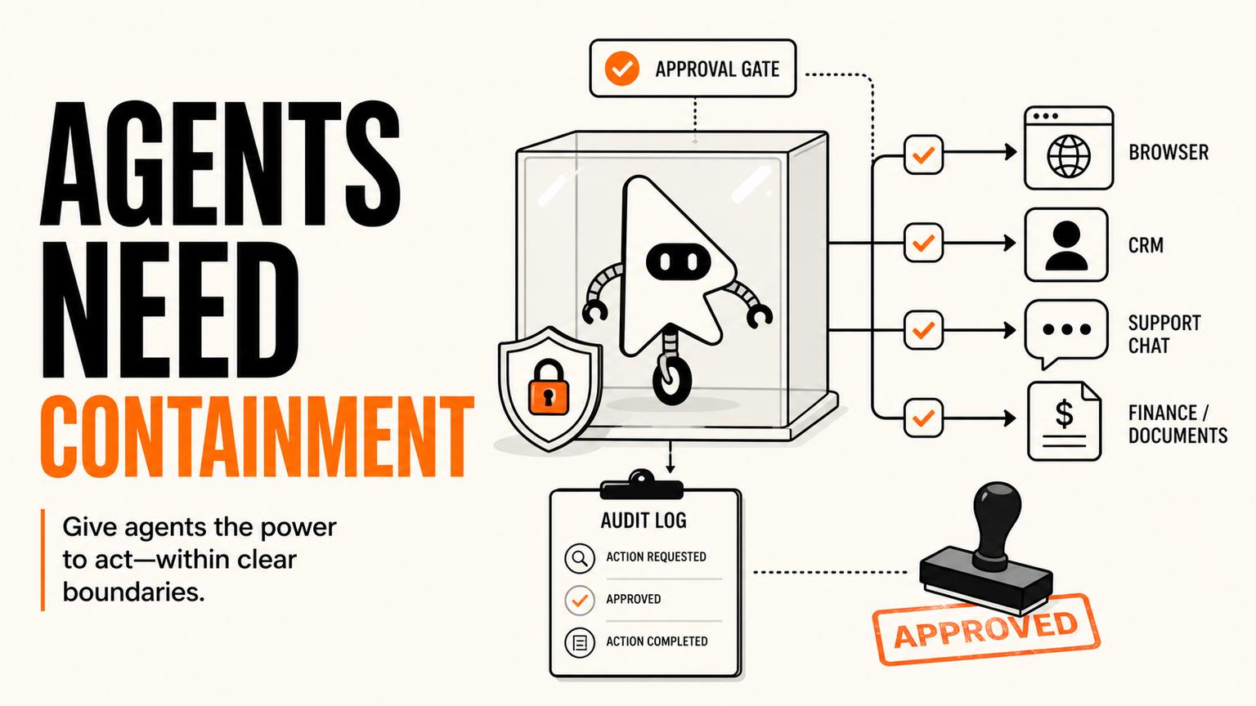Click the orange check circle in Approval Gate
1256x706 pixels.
click(621, 69)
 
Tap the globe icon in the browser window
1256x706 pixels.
click(1069, 156)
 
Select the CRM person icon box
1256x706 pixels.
click(1066, 245)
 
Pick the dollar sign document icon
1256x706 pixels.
click(1064, 422)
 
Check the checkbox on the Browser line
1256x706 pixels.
click(923, 154)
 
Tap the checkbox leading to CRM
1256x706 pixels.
click(923, 243)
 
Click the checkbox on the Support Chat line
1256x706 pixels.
click(923, 330)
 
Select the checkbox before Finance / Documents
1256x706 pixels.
click(923, 418)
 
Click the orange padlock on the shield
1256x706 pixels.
click(549, 388)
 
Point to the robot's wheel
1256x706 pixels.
click(671, 382)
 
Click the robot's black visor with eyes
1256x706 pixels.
click(679, 261)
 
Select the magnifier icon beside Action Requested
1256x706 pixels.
click(580, 558)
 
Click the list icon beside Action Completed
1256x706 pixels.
click(580, 643)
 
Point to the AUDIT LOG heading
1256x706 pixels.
click(644, 521)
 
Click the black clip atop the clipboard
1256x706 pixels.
click(642, 485)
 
